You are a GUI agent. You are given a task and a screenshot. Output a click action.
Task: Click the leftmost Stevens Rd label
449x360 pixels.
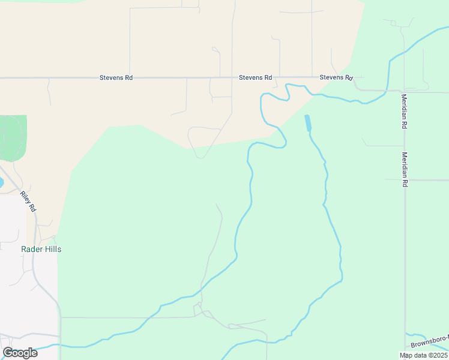coord(116,78)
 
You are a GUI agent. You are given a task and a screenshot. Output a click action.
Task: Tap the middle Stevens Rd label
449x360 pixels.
coord(256,77)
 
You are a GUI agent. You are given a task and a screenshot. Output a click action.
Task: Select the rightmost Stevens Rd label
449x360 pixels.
coord(336,77)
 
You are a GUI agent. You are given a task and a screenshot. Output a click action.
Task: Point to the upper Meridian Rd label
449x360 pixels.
coord(405,112)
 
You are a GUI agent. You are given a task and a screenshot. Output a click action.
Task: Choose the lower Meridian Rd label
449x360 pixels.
coord(405,169)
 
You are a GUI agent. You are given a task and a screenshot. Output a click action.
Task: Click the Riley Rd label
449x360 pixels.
coord(28,201)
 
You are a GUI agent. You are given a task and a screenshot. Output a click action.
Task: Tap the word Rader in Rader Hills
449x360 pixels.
coord(32,249)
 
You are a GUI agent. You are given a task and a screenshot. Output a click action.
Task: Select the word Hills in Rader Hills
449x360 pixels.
coord(52,249)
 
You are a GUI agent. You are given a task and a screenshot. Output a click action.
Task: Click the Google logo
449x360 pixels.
coord(20,353)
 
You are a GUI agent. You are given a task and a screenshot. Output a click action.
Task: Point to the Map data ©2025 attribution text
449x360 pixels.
coord(423,355)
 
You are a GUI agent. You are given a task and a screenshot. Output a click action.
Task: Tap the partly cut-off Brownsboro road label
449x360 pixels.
coord(430,344)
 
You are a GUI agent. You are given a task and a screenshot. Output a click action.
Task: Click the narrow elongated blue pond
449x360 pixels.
coord(308,123)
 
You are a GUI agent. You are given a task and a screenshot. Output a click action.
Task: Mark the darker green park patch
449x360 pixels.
coord(12,138)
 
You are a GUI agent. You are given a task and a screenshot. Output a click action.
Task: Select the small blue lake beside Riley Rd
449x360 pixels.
coord(1,182)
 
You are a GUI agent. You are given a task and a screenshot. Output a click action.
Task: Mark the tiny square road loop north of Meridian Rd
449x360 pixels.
coord(394,23)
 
